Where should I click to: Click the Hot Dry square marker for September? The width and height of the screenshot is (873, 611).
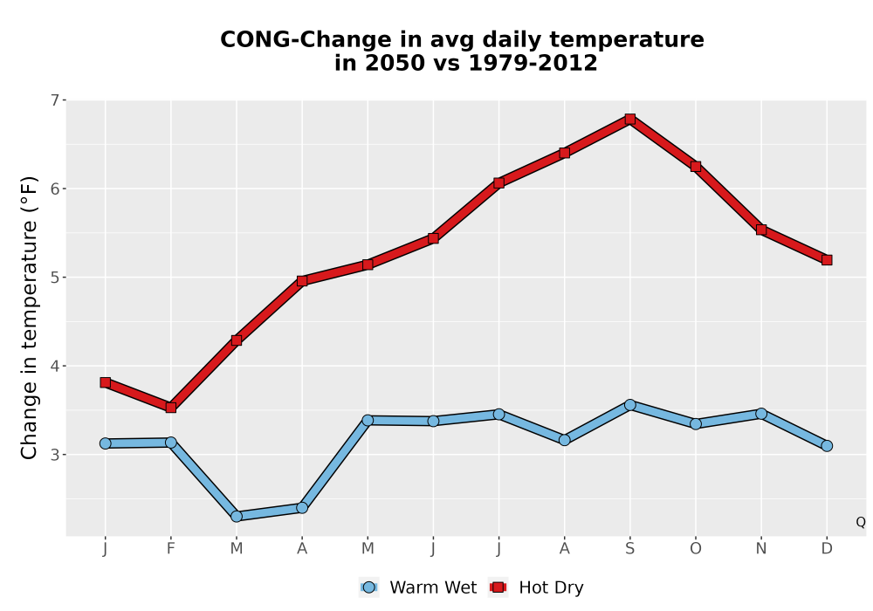629,119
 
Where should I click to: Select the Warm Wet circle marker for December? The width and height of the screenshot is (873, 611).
827,446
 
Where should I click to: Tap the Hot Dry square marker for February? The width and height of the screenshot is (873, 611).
171,408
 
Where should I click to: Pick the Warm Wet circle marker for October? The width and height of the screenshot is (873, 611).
696,424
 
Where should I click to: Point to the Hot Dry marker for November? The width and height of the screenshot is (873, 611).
761,230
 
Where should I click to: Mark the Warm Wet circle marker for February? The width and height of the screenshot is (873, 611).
171,443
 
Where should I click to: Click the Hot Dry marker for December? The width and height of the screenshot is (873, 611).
827,260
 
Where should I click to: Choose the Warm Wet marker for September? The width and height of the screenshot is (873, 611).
629,404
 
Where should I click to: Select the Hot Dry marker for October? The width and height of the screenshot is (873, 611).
696,167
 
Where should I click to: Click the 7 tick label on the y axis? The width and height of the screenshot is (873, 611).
54,100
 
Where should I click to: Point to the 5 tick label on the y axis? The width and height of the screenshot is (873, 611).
54,277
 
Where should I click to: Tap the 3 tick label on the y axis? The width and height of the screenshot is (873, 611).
54,455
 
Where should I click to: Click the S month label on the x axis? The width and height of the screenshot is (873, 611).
629,549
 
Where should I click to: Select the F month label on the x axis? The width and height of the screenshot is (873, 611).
171,549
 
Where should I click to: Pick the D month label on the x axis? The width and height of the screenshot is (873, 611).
827,549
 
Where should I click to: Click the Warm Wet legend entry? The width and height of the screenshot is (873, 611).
418,587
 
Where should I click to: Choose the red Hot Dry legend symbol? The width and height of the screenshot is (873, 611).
498,587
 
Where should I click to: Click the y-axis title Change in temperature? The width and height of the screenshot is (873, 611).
29,318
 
